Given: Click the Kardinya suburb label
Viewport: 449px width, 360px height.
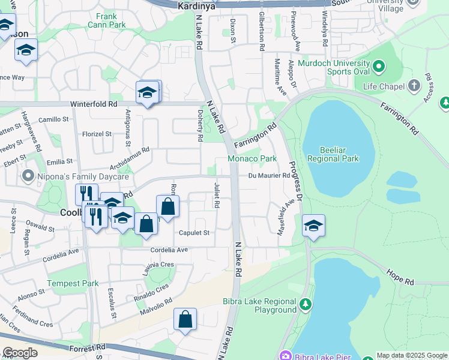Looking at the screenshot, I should (197, 6).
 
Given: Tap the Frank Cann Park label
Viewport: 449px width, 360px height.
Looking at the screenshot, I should (106, 21).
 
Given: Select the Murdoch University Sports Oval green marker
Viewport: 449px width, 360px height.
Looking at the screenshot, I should (378, 65).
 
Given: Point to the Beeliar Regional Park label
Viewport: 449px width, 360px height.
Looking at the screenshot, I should (333, 154).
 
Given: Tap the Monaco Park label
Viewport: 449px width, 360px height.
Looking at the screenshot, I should (252, 158).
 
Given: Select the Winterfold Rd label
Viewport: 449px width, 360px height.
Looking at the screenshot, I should (93, 104).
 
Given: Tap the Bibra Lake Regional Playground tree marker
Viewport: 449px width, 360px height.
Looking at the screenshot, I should (306, 305).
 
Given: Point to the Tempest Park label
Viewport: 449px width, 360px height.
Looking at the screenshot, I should (73, 283).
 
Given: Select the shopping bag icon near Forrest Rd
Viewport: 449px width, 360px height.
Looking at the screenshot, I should (185, 320).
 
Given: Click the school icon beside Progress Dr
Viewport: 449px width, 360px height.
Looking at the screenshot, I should (313, 226).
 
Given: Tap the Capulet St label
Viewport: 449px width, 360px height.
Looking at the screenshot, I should (193, 233).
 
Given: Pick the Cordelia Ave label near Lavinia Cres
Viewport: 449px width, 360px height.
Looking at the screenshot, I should (169, 250).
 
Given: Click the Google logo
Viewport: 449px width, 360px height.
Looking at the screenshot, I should (20, 353).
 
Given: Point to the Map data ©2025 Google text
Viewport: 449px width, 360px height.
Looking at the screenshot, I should (412, 355).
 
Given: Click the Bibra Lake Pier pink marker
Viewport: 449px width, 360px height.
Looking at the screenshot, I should (285, 355).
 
